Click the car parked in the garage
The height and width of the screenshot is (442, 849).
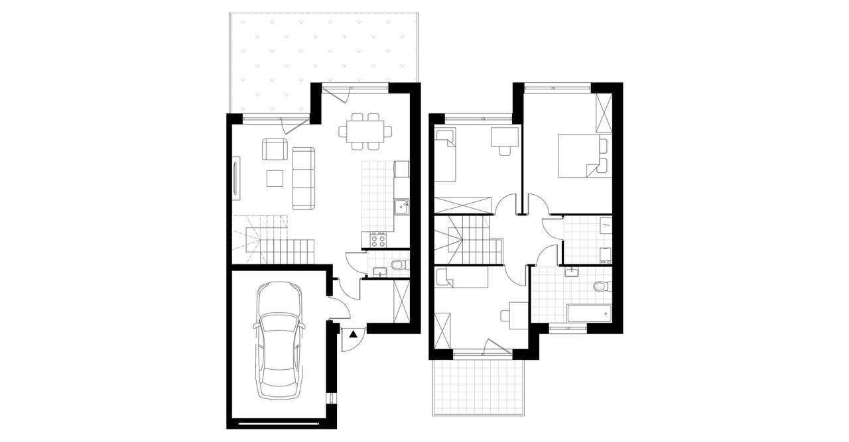click(279, 342)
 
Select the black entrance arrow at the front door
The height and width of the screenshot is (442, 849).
click(353, 335)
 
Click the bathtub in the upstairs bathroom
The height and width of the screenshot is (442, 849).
click(588, 313)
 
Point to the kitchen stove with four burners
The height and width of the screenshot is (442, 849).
click(379, 240)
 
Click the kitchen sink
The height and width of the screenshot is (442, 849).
click(401, 208)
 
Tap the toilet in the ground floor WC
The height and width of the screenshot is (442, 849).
click(397, 266)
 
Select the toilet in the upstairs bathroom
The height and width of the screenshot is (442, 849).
click(601, 287)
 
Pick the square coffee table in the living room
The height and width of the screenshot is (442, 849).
click(275, 178)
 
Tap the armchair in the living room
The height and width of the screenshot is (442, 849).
click(275, 148)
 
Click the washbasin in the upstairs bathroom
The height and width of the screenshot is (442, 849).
click(572, 272)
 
